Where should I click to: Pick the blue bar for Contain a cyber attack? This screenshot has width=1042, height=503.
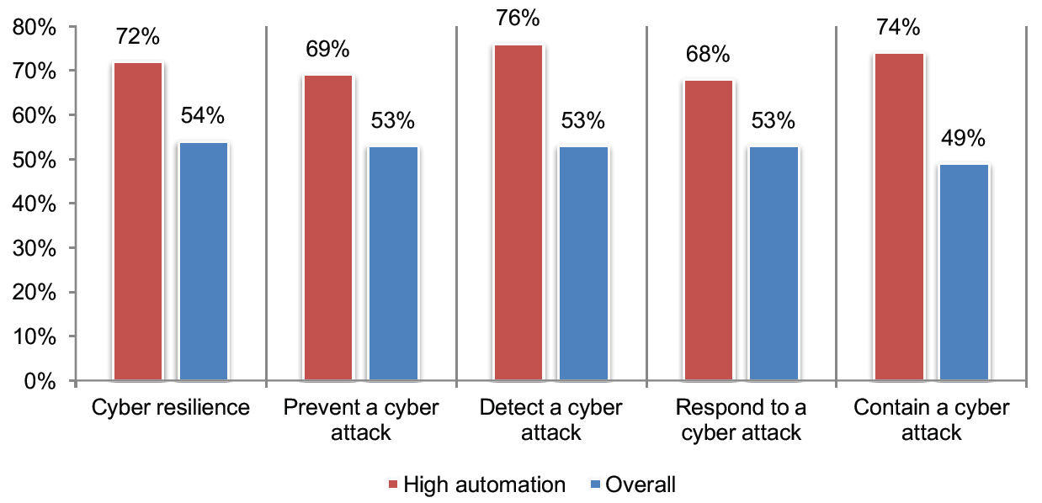pos(964,273)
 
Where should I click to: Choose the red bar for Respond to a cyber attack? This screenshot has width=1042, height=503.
pos(709,230)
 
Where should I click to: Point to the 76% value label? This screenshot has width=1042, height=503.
pos(518,18)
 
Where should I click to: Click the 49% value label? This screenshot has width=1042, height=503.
pos(964,138)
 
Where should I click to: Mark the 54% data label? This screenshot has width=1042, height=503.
pos(204,117)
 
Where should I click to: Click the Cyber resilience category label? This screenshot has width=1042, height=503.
pos(171,408)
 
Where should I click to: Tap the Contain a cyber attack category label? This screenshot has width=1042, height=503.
pos(931,421)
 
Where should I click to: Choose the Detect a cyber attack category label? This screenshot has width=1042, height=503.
pos(551,421)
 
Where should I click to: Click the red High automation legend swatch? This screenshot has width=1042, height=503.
pos(393,484)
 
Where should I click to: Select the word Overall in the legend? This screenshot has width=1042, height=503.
pos(641,484)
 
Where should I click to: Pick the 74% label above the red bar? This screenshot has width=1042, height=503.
pos(899,27)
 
